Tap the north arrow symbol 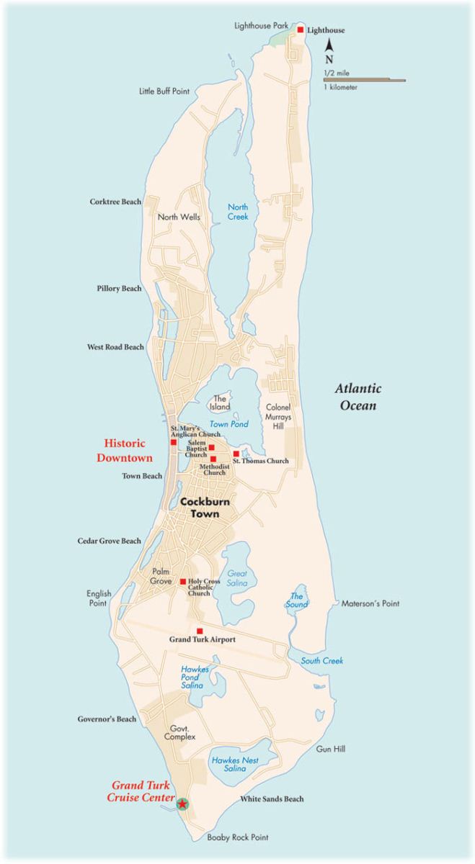(x=329, y=48)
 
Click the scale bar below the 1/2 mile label (x=364, y=81)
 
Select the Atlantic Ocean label (x=358, y=397)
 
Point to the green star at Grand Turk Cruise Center (x=183, y=804)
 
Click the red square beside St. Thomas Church (x=236, y=454)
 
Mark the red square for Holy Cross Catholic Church (x=183, y=582)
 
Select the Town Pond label (x=228, y=424)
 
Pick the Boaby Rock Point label (x=237, y=837)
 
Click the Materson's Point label (x=370, y=603)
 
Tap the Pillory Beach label (x=119, y=289)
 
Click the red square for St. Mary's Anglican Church (x=173, y=442)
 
